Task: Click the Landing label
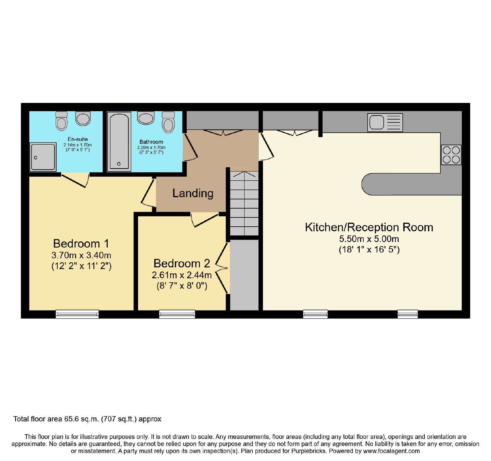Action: click(193, 193)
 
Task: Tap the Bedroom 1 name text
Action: click(81, 244)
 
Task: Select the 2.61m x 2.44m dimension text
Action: click(182, 275)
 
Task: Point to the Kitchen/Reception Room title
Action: click(369, 227)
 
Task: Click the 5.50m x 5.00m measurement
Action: click(369, 239)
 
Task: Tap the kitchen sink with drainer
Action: click(385, 123)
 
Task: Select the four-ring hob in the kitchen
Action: click(451, 155)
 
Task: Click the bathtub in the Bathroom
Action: click(119, 142)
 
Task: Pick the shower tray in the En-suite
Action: click(43, 157)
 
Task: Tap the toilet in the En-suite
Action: click(61, 121)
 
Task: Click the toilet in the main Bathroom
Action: click(168, 122)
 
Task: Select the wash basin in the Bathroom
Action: click(146, 118)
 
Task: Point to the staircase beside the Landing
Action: click(244, 203)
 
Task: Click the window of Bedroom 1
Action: click(77, 314)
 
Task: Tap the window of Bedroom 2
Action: click(177, 314)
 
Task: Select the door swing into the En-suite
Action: click(75, 180)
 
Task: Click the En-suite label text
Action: click(78, 139)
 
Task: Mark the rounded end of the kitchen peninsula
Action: click(367, 184)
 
